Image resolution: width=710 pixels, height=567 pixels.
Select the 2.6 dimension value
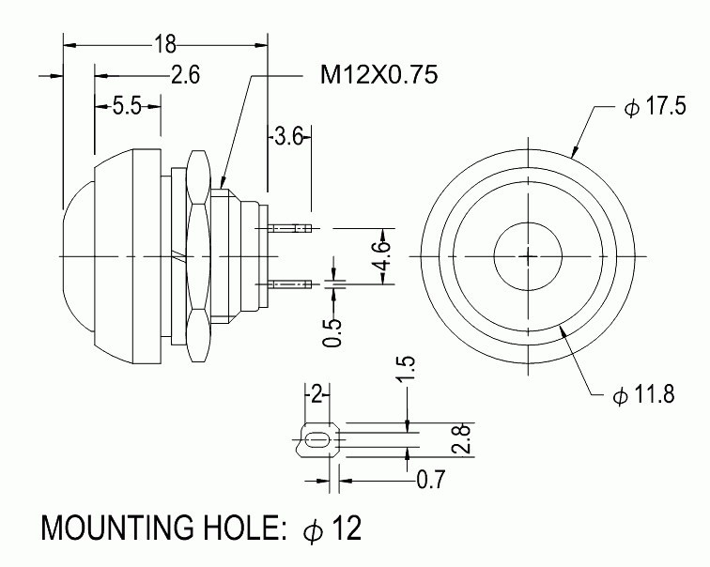tap(185, 76)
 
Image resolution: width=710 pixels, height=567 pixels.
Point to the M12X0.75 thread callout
tap(379, 76)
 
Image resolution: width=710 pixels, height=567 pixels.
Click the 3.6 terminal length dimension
tap(287, 138)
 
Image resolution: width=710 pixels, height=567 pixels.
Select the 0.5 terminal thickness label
tap(332, 330)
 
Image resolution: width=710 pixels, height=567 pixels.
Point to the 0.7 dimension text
tap(429, 481)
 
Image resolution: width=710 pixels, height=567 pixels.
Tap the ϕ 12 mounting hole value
tap(332, 529)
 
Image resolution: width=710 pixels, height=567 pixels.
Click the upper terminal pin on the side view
tap(289, 228)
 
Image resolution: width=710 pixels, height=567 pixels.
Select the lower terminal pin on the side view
tap(289, 283)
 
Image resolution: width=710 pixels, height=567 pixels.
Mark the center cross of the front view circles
tap(529, 255)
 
